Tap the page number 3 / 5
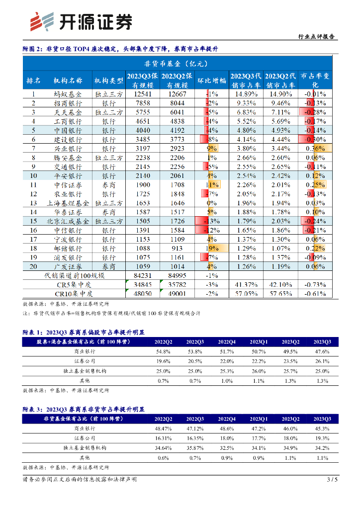click(x=332, y=480)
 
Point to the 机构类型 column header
click(x=108, y=80)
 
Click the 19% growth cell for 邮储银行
click(x=211, y=248)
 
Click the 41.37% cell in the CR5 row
click(x=246, y=284)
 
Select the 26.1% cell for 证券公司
click(x=322, y=361)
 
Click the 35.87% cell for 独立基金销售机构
click(x=194, y=447)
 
